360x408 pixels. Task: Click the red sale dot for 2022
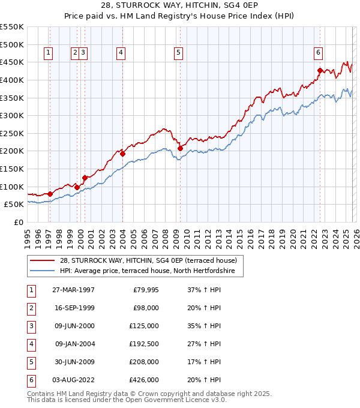[x=320, y=71]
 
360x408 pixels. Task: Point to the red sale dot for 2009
[x=180, y=148]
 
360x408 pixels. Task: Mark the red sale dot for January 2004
[x=122, y=154]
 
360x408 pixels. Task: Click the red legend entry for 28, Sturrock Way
[x=148, y=260]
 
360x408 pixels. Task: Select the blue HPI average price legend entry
[x=151, y=271]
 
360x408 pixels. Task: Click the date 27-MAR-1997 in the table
[x=73, y=290]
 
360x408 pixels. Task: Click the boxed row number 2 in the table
[x=30, y=308]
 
